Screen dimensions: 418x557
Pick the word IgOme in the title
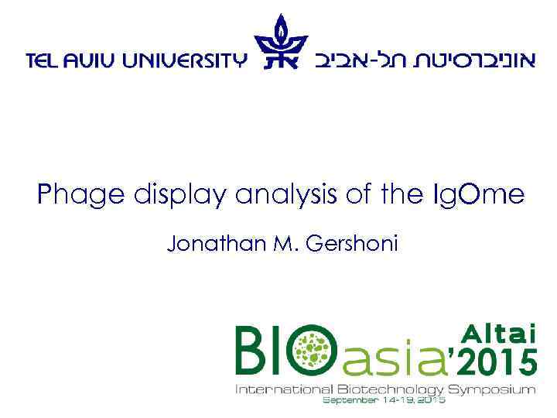tap(480, 194)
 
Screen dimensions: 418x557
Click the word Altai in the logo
tap(499, 333)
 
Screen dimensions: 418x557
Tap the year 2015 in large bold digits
tap(494, 361)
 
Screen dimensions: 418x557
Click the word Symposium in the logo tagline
tap(494, 389)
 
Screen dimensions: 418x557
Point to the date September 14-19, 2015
tap(384, 400)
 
